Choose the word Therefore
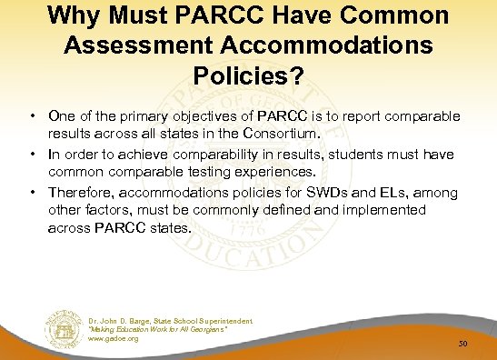coord(82,193)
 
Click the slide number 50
coord(463,345)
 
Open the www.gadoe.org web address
coord(114,338)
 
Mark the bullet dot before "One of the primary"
coord(32,116)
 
